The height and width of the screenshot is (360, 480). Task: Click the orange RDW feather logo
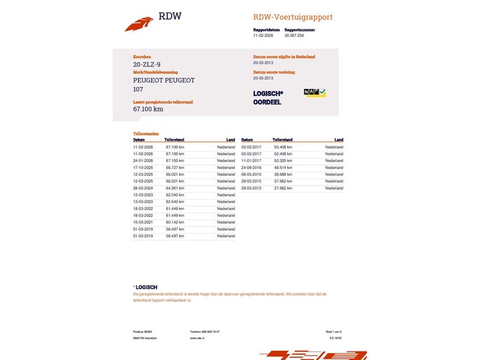coord(139,24)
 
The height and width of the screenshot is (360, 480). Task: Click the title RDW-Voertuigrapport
coord(293,17)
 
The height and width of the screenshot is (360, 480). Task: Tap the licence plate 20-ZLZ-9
coord(146,64)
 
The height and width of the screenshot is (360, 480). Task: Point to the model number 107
coord(138,89)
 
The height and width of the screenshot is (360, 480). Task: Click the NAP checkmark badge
coord(315,92)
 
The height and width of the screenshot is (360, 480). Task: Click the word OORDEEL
coord(267,102)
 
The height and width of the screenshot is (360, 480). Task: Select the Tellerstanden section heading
coord(146,133)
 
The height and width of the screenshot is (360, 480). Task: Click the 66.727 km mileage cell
coord(175,167)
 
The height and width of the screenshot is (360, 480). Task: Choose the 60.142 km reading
coord(175,222)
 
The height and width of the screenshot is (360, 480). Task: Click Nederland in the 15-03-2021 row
coord(226,222)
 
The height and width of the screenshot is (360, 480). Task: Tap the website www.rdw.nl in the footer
coord(196,338)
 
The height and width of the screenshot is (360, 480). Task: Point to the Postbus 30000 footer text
coord(142,331)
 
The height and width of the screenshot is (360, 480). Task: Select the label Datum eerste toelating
coord(274,72)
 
